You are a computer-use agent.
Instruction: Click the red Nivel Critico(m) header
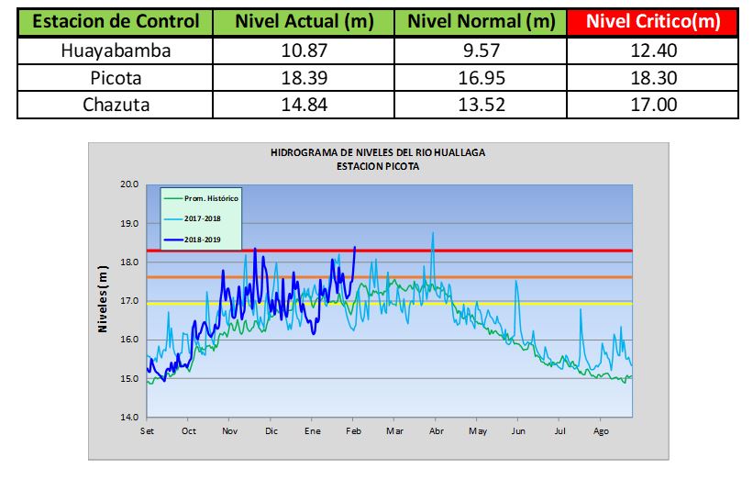652,21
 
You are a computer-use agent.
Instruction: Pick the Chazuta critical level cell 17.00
652,105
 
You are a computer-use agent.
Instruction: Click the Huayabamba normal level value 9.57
482,50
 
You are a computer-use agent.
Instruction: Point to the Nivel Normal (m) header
482,21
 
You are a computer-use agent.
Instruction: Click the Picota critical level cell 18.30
652,78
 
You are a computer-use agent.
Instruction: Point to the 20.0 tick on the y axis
128,184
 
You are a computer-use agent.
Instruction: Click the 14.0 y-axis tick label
128,418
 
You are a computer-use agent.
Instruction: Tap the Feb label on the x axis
353,430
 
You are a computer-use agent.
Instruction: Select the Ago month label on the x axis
602,430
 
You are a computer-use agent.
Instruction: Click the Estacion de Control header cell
115,21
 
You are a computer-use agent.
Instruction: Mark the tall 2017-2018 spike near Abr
433,235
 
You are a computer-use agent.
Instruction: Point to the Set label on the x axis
147,430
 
